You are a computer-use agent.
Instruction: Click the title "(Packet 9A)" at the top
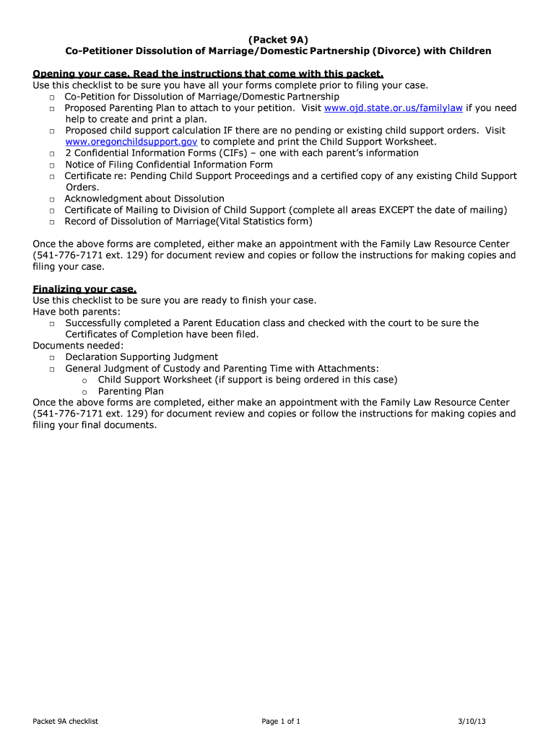coord(277,39)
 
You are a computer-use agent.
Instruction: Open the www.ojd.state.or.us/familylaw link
coord(394,108)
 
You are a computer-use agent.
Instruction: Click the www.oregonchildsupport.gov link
coord(131,141)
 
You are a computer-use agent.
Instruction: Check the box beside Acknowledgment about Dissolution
coord(53,199)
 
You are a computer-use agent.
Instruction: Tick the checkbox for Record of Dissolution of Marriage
coord(53,222)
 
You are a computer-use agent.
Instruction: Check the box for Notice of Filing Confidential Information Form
coord(53,165)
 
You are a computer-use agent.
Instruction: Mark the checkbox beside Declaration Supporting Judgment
coord(53,358)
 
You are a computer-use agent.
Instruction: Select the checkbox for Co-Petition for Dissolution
coord(53,97)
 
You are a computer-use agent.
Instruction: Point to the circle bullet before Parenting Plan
coord(85,392)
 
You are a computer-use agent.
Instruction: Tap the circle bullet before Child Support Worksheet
coord(85,380)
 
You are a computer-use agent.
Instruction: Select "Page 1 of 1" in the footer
coord(281,721)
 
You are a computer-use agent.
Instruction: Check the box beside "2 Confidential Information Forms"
coord(53,154)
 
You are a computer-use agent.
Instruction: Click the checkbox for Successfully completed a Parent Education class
coord(53,324)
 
